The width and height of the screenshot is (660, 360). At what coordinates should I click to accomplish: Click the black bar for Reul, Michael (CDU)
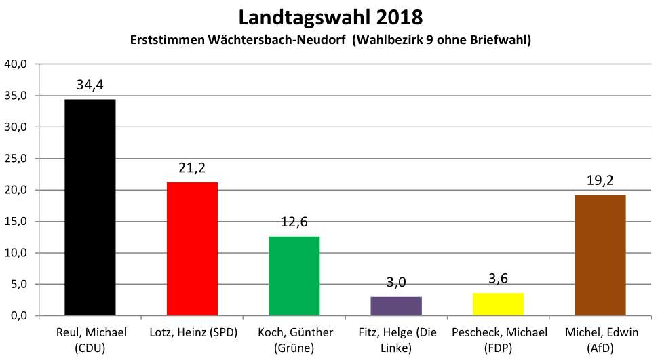[x=90, y=207]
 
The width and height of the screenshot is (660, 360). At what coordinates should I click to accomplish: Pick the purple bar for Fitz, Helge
[x=396, y=306]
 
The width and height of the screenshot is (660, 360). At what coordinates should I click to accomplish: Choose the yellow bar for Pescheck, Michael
[x=498, y=304]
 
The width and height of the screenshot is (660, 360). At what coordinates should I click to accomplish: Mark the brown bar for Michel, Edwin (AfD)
[x=600, y=255]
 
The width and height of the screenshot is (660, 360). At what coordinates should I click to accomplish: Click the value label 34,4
[x=90, y=85]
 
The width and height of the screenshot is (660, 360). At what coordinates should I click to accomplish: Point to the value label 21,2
[x=192, y=168]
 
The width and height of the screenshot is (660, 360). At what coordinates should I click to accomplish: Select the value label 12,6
[x=294, y=222]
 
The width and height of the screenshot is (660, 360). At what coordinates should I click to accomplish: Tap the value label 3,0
[x=396, y=283]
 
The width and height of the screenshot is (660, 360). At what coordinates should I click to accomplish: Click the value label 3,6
[x=498, y=279]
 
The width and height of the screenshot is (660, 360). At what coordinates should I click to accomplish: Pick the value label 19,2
[x=600, y=181]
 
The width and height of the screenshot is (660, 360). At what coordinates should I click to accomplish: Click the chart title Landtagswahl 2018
[x=330, y=16]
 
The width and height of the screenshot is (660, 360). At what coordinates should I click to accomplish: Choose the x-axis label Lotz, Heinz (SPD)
[x=192, y=333]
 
